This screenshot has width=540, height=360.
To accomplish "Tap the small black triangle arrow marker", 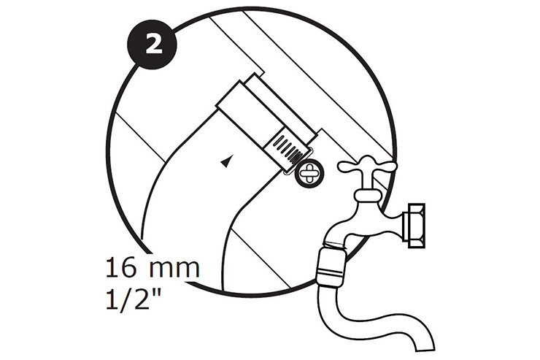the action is [x=225, y=161].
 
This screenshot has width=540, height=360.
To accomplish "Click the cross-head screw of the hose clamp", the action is [x=309, y=174].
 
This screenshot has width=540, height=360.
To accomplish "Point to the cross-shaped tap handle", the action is [x=368, y=166].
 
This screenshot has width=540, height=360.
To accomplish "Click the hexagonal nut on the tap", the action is [x=417, y=226].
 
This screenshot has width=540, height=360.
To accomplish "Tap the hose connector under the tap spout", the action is [x=331, y=264].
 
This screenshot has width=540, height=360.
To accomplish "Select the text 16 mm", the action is [x=153, y=267].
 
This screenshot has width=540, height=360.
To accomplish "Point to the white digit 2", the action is [x=153, y=45].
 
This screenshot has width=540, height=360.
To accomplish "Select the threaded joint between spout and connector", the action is [x=335, y=245].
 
